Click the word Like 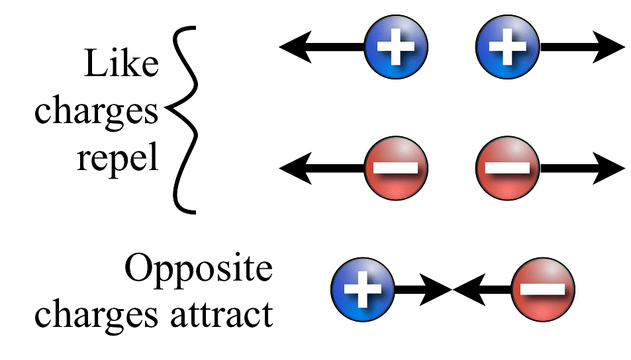point(121,66)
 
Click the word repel point(118,159)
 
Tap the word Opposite point(199,270)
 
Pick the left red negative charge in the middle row point(396,168)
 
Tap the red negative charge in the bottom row point(543,289)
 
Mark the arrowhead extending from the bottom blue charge point(438,289)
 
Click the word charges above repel point(97,113)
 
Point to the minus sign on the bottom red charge point(543,289)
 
